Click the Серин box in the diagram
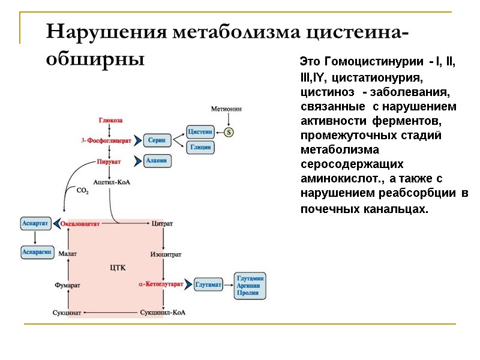[x=158, y=140]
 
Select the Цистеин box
[x=200, y=132]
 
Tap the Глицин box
[x=200, y=148]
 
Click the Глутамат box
[x=209, y=284]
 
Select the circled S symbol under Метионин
[x=228, y=132]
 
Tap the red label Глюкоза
[x=110, y=121]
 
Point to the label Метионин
[x=226, y=109]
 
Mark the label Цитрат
[x=163, y=223]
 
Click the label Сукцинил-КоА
[x=162, y=313]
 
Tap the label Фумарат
[x=67, y=284]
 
